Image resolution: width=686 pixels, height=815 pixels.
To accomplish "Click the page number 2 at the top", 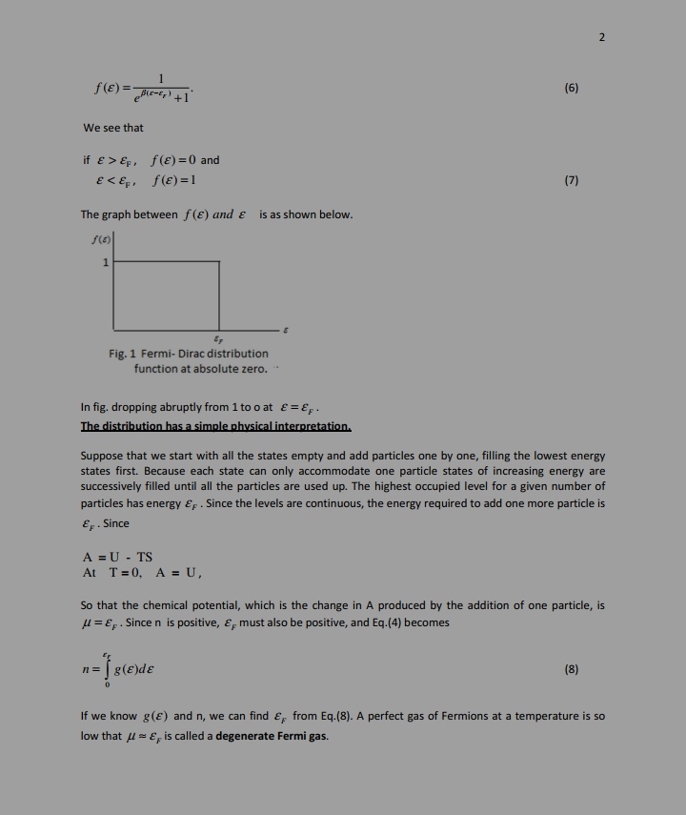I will coord(602,37).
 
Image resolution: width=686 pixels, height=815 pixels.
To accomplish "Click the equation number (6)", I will coord(571,89).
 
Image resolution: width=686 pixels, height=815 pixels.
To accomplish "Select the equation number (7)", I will coord(571,180).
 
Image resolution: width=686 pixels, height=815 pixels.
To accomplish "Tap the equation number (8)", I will coord(571,669).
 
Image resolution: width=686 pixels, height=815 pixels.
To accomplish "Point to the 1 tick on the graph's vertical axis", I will coord(106,262).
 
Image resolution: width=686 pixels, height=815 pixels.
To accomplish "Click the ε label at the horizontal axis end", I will coord(285,330).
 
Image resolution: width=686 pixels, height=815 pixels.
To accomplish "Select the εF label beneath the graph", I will coord(219,339).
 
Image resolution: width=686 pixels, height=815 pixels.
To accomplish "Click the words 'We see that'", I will coord(113,128).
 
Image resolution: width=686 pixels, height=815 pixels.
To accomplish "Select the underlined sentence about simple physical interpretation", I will coord(216,426).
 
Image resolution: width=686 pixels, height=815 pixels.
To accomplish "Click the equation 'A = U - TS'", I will coord(117,558).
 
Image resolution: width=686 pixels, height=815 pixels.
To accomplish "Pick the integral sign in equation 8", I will coord(109,669).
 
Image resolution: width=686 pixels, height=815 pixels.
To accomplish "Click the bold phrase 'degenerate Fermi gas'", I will coord(272,736).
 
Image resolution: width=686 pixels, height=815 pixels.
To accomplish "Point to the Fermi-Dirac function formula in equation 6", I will coord(144,89).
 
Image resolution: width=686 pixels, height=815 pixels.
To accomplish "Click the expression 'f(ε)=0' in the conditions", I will coord(171,160).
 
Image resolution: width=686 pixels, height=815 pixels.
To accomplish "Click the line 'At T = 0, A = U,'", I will coord(142,573).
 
